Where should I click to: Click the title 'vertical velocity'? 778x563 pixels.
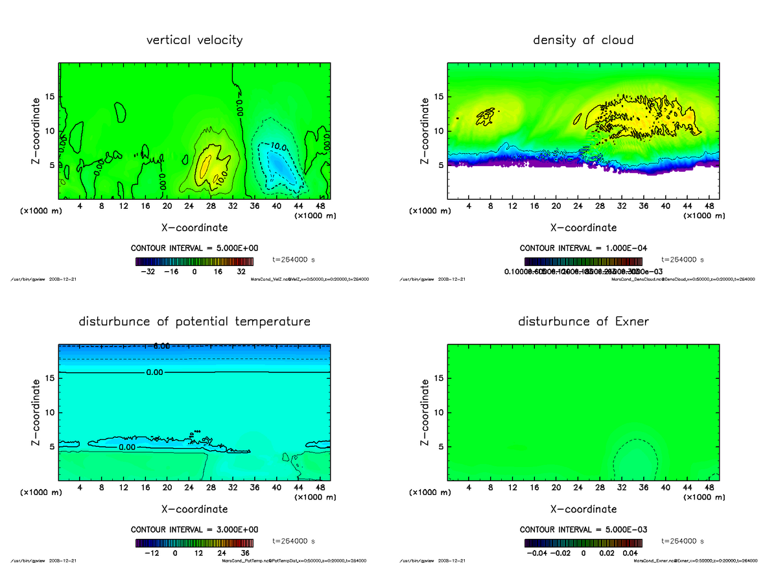coord(194,40)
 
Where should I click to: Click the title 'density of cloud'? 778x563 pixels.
coord(583,40)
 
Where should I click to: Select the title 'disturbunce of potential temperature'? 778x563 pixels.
coord(194,322)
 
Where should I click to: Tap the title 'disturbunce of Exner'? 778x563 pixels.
coord(583,322)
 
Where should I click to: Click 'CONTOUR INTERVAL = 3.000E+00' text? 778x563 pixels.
coord(194,529)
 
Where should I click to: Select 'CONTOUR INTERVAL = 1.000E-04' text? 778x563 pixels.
coord(583,248)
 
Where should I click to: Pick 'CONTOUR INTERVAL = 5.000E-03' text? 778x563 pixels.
coord(583,529)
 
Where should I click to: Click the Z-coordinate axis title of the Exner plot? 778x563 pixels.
coord(425,413)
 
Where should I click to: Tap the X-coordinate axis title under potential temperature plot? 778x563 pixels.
coord(194,509)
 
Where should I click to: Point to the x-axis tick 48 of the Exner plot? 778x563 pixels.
coord(709,487)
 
